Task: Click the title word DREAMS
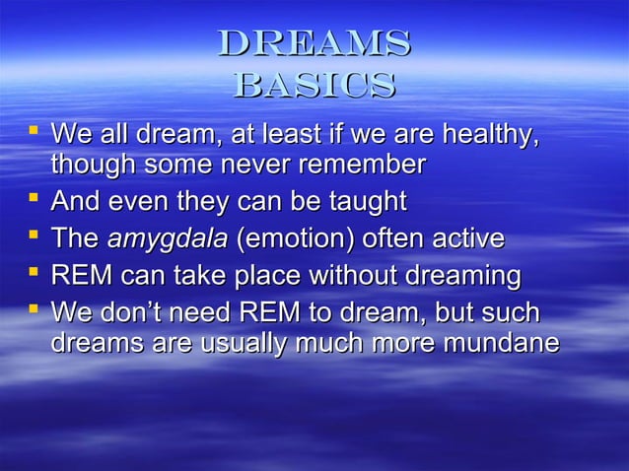tap(314, 43)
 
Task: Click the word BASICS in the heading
tap(314, 85)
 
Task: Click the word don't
tap(128, 314)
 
